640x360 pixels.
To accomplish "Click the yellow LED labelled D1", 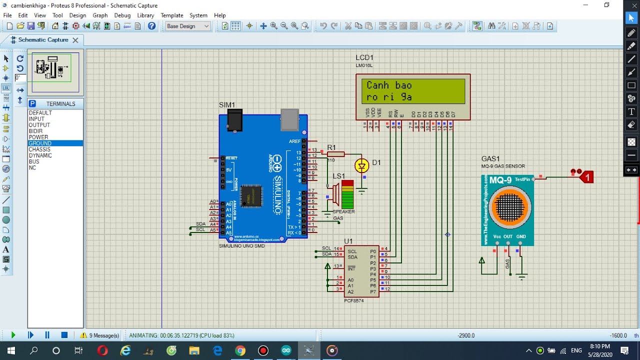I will pyautogui.click(x=361, y=165).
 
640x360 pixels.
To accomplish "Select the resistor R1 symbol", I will pyautogui.click(x=335, y=154).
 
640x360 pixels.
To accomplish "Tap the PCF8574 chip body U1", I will pyautogui.click(x=361, y=270).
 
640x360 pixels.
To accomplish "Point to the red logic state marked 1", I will pyautogui.click(x=587, y=177).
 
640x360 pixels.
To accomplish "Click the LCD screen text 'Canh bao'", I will pyautogui.click(x=389, y=85).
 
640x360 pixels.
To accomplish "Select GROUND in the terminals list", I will pyautogui.click(x=40, y=143).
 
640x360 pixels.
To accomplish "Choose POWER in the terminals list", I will pyautogui.click(x=38, y=137).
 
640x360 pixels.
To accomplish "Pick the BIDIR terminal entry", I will pyautogui.click(x=35, y=131).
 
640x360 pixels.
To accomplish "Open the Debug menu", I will pyautogui.click(x=122, y=15).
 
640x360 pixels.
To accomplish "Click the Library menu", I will pyautogui.click(x=145, y=15).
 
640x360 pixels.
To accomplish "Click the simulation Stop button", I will pyautogui.click(x=64, y=335).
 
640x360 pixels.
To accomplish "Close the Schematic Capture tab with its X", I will pyautogui.click(x=75, y=40).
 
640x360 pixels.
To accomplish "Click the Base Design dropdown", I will pyautogui.click(x=187, y=26).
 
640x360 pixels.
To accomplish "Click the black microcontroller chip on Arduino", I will pyautogui.click(x=251, y=195).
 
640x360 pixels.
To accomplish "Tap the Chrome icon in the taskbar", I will pyautogui.click(x=240, y=350).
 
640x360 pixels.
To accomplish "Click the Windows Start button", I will pyautogui.click(x=11, y=350).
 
